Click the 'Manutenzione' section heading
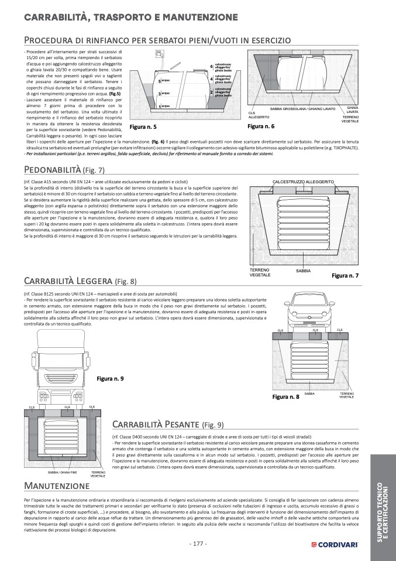(x=57, y=486)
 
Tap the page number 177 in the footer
(x=198, y=543)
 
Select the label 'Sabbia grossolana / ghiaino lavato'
(x=302, y=109)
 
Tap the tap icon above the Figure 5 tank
(x=158, y=54)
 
